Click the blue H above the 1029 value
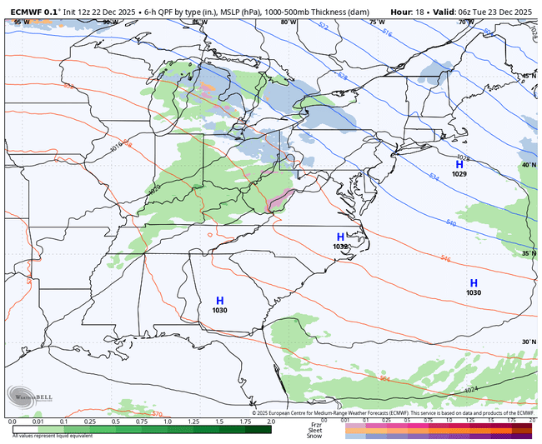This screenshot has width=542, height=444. (x=459, y=165)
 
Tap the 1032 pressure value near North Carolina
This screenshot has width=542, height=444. (x=340, y=247)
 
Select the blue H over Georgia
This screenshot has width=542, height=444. (x=220, y=301)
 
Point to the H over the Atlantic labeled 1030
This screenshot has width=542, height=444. (x=474, y=283)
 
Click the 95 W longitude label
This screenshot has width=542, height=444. (x=19, y=22)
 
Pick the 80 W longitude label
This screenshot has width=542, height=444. (x=288, y=22)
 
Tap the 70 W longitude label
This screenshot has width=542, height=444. (x=464, y=22)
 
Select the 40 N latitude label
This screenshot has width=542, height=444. (x=529, y=165)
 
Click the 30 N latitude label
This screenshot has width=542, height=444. (x=529, y=342)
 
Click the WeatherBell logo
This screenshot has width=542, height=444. (x=30, y=397)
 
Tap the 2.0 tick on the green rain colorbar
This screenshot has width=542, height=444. (x=271, y=422)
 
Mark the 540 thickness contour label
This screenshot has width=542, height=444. (x=451, y=223)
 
